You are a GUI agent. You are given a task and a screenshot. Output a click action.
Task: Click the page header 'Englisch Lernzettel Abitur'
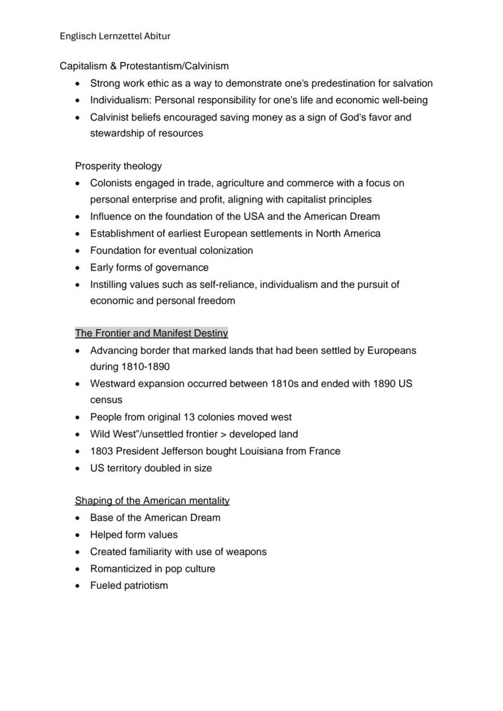[115, 36]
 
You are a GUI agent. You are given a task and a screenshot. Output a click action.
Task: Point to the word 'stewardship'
[117, 133]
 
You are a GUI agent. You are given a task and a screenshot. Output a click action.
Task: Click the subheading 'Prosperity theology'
[118, 166]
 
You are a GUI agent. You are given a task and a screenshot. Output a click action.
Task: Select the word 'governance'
[181, 267]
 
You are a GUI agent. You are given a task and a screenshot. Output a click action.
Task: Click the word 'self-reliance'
[229, 284]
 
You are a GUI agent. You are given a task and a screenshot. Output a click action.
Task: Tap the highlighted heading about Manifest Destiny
[151, 333]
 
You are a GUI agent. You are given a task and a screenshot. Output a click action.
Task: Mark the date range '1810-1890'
[145, 367]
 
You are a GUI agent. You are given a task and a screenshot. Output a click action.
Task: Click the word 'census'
[106, 400]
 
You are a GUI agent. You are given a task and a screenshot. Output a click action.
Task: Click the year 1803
[101, 451]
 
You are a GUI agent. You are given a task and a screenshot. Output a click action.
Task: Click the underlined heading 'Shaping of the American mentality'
[152, 501]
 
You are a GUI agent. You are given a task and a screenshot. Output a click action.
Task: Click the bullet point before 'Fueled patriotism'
[78, 586]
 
